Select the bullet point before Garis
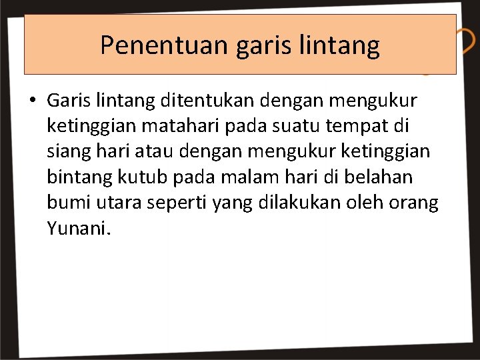point(32,101)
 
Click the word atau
point(156,151)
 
